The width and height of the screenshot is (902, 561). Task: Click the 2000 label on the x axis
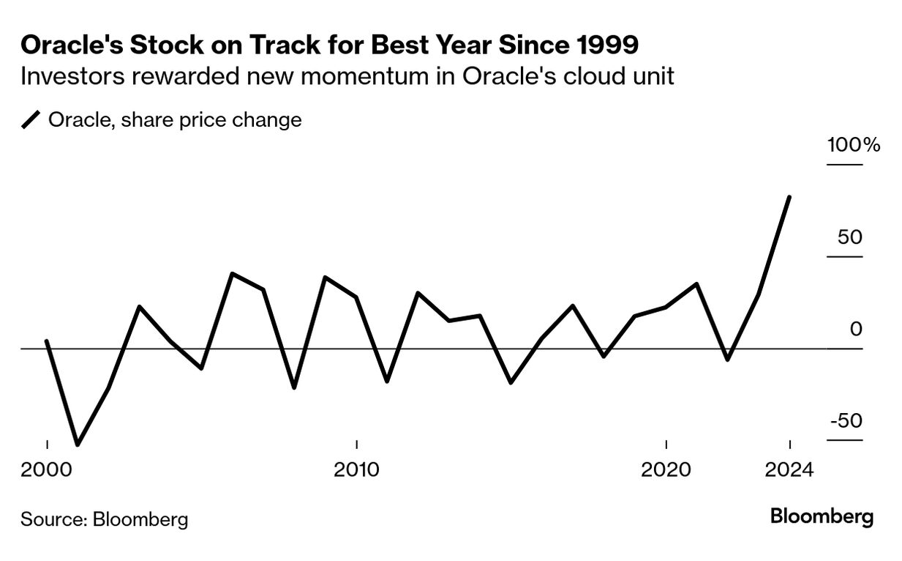47,469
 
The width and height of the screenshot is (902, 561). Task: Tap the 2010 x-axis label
356,469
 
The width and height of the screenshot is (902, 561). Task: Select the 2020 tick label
666,469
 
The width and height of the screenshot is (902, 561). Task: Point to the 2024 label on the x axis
789,469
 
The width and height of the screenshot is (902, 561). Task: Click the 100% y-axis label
854,145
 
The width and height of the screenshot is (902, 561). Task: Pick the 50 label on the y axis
846,237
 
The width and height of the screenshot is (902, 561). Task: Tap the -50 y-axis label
846,421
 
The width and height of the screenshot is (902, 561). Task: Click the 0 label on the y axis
856,330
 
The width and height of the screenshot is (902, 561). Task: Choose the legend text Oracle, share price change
175,120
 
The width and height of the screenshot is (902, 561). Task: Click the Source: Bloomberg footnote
104,520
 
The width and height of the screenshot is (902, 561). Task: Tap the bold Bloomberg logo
822,517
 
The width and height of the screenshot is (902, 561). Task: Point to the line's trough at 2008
294,387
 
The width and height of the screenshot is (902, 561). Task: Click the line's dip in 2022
727,360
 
